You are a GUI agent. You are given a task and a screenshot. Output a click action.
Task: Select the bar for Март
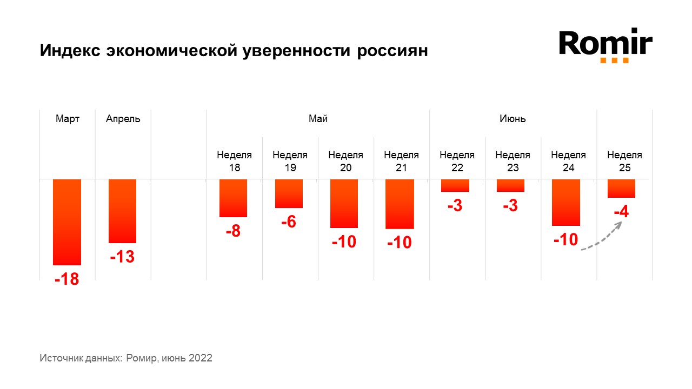tap(67, 222)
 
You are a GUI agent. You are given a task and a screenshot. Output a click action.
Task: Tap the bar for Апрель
tap(122, 211)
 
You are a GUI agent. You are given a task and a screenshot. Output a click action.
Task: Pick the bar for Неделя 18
tap(233, 198)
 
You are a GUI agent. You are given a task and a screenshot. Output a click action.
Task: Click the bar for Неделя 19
tap(289, 193)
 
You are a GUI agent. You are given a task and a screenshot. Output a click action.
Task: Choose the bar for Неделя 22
tap(455, 185)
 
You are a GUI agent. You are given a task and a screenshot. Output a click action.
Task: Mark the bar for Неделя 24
tap(566, 202)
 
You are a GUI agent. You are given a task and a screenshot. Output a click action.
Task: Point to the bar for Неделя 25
tap(621, 188)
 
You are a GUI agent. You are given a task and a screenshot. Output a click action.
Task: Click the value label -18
tap(66, 279)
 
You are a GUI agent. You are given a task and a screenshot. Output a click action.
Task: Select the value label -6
tap(288, 222)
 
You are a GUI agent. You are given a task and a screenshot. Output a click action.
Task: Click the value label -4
tap(621, 212)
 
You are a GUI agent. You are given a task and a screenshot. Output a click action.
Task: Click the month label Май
tap(318, 119)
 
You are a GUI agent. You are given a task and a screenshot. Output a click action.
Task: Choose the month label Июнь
tap(513, 119)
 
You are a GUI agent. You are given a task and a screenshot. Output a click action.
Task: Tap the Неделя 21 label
tap(401, 161)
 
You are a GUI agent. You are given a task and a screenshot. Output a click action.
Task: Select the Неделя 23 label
tap(513, 161)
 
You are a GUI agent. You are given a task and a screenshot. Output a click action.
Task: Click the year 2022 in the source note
tap(200, 358)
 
